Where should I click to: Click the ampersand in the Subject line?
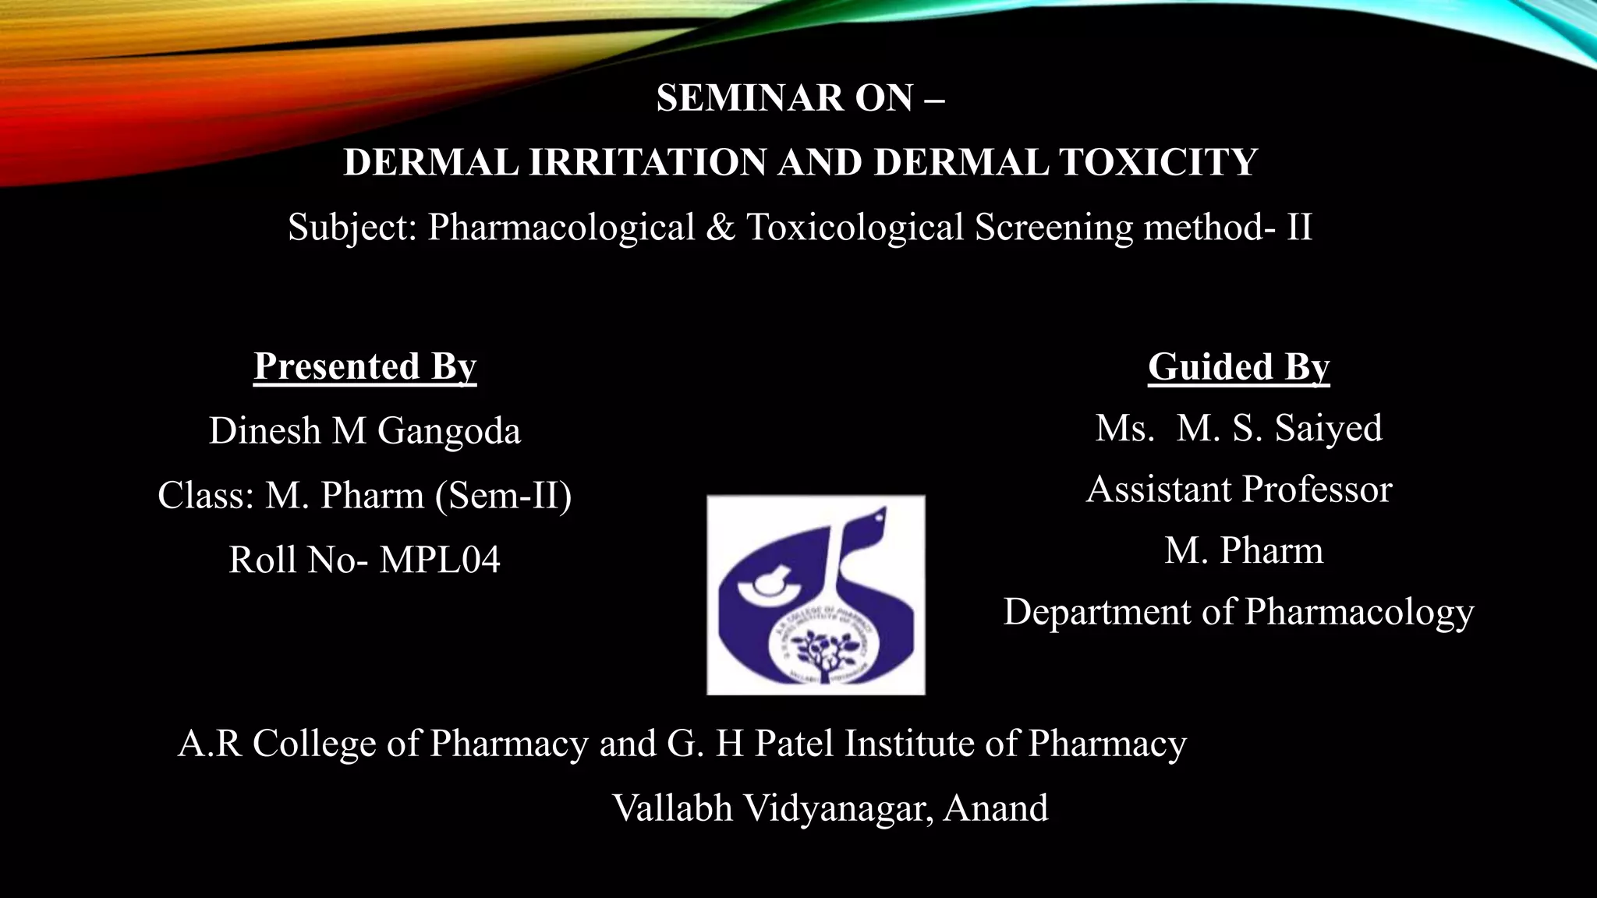(721, 228)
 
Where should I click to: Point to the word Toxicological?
(855, 228)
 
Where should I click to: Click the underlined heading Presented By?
(364, 366)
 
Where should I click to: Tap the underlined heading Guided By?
(1238, 366)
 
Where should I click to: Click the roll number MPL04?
(440, 560)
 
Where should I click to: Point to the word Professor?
(1316, 490)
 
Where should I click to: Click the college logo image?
(816, 594)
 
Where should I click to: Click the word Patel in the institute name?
(795, 743)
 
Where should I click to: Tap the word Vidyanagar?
(838, 808)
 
